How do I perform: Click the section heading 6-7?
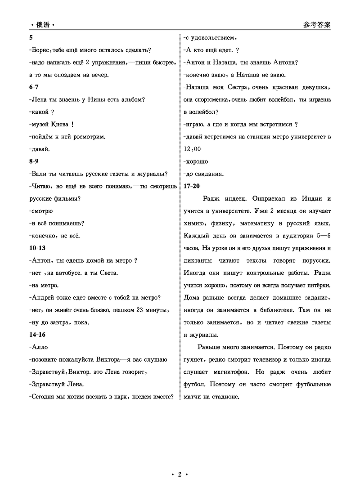point(33,87)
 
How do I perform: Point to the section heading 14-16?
point(37,335)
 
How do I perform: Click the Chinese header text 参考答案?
point(317,25)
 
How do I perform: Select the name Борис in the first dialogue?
point(39,50)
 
